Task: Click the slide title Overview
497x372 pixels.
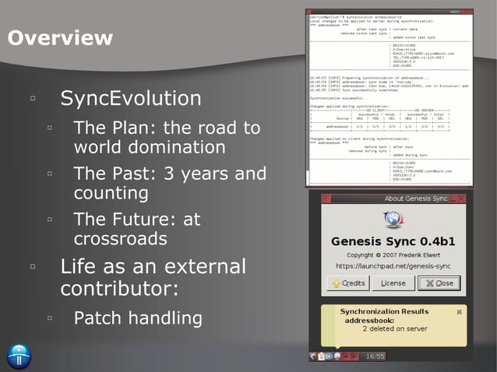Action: [x=60, y=37]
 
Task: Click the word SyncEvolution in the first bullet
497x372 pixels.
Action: [x=131, y=99]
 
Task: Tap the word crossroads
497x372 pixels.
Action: [x=121, y=238]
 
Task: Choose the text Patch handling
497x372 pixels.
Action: [x=138, y=318]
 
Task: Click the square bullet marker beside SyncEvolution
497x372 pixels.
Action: [x=33, y=99]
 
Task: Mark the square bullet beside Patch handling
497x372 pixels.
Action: [x=49, y=318]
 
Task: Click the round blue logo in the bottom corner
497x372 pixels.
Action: [x=18, y=355]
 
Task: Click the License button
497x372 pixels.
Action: [x=393, y=283]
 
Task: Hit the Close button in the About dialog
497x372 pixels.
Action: [x=439, y=283]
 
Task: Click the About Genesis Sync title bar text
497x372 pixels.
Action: [x=416, y=199]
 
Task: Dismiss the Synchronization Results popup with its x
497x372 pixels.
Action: [x=459, y=311]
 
